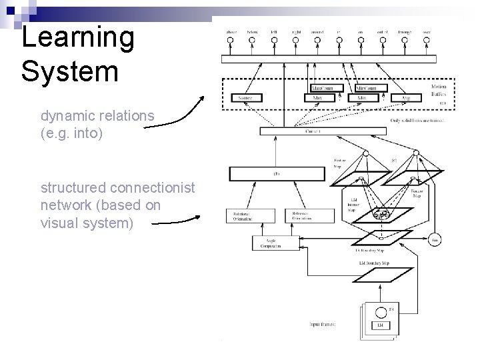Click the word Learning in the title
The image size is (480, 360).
click(77, 37)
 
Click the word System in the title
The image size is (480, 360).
click(69, 70)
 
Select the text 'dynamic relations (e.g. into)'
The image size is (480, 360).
click(97, 124)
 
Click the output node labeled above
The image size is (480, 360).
click(231, 40)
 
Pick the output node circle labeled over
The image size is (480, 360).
click(426, 40)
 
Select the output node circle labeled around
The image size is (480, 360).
click(317, 40)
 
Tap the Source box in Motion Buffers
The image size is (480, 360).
click(245, 98)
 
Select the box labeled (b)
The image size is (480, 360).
click(275, 174)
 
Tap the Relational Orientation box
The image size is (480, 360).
click(242, 215)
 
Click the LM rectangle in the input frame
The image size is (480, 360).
click(381, 325)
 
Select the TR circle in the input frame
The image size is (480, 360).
click(381, 311)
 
